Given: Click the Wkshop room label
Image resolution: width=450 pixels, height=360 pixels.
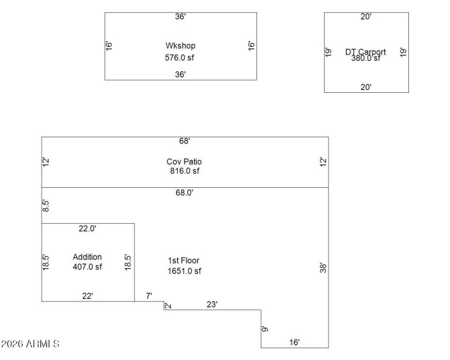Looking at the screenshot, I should coord(180,46).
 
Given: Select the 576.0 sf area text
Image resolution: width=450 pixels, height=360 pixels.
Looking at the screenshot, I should coord(180,57).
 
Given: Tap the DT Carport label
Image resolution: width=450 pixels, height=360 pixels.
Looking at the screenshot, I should coord(366,52).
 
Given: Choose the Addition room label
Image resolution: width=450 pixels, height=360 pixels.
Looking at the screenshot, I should coord(87,257).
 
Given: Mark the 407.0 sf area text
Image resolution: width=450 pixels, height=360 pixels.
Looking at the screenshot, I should coord(87,267).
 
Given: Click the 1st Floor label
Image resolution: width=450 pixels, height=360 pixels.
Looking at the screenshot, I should coord(183,260).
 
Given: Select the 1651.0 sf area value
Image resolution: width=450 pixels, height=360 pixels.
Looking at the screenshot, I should coord(184,271).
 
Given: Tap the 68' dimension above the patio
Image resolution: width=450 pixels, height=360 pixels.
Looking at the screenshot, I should coord(184,141).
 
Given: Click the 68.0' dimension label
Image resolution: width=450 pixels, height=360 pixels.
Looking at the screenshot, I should coord(184,192).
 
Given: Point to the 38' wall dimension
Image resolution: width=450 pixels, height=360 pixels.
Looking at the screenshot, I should coord(323,268).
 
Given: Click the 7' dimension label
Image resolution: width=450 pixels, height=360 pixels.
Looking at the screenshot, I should coord(149,296).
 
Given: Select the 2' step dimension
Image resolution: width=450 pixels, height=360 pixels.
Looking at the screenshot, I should coord(168,305).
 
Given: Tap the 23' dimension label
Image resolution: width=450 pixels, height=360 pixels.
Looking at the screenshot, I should coord(212,304).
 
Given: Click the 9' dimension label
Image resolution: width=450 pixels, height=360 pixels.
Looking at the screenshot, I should coord(265,328).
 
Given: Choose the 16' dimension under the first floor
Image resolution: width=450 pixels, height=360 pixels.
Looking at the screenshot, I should coord(294,342).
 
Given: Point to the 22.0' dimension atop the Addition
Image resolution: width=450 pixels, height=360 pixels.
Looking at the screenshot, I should coord(87,228).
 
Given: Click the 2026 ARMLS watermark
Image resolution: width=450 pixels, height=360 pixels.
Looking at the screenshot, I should coord(30,343).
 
